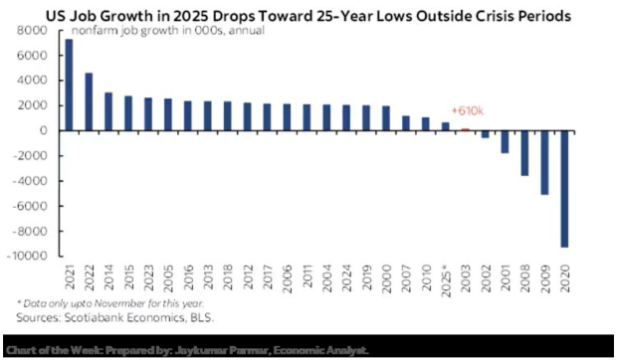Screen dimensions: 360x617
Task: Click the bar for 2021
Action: coord(69,86)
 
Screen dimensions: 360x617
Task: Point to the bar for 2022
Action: coord(88,102)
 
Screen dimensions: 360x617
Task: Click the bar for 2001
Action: coord(506,141)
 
